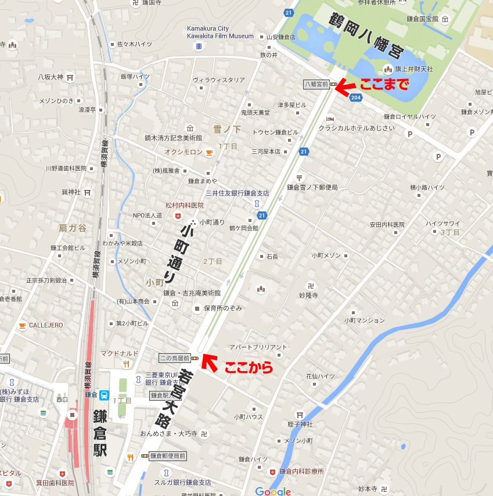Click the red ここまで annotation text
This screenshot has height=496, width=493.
(384, 85)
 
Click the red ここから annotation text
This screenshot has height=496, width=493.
(248, 367)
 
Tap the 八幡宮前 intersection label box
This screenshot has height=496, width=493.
(316, 85)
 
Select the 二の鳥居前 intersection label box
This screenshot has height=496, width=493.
(174, 358)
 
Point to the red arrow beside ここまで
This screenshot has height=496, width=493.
(347, 87)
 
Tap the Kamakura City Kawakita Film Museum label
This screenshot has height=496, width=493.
(220, 32)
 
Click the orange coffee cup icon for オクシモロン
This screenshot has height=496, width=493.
(208, 152)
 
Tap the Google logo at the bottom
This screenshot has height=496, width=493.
(273, 491)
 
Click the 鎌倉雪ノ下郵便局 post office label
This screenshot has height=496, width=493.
(312, 187)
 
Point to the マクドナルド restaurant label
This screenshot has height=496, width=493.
(120, 353)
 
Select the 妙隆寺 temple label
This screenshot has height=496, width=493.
(309, 295)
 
